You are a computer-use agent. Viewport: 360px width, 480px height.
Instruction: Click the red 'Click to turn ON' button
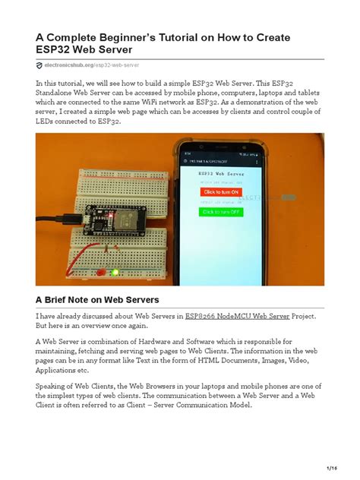219,192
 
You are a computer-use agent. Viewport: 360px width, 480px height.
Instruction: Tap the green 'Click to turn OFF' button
219,212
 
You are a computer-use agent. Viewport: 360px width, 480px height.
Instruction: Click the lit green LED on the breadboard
113,272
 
